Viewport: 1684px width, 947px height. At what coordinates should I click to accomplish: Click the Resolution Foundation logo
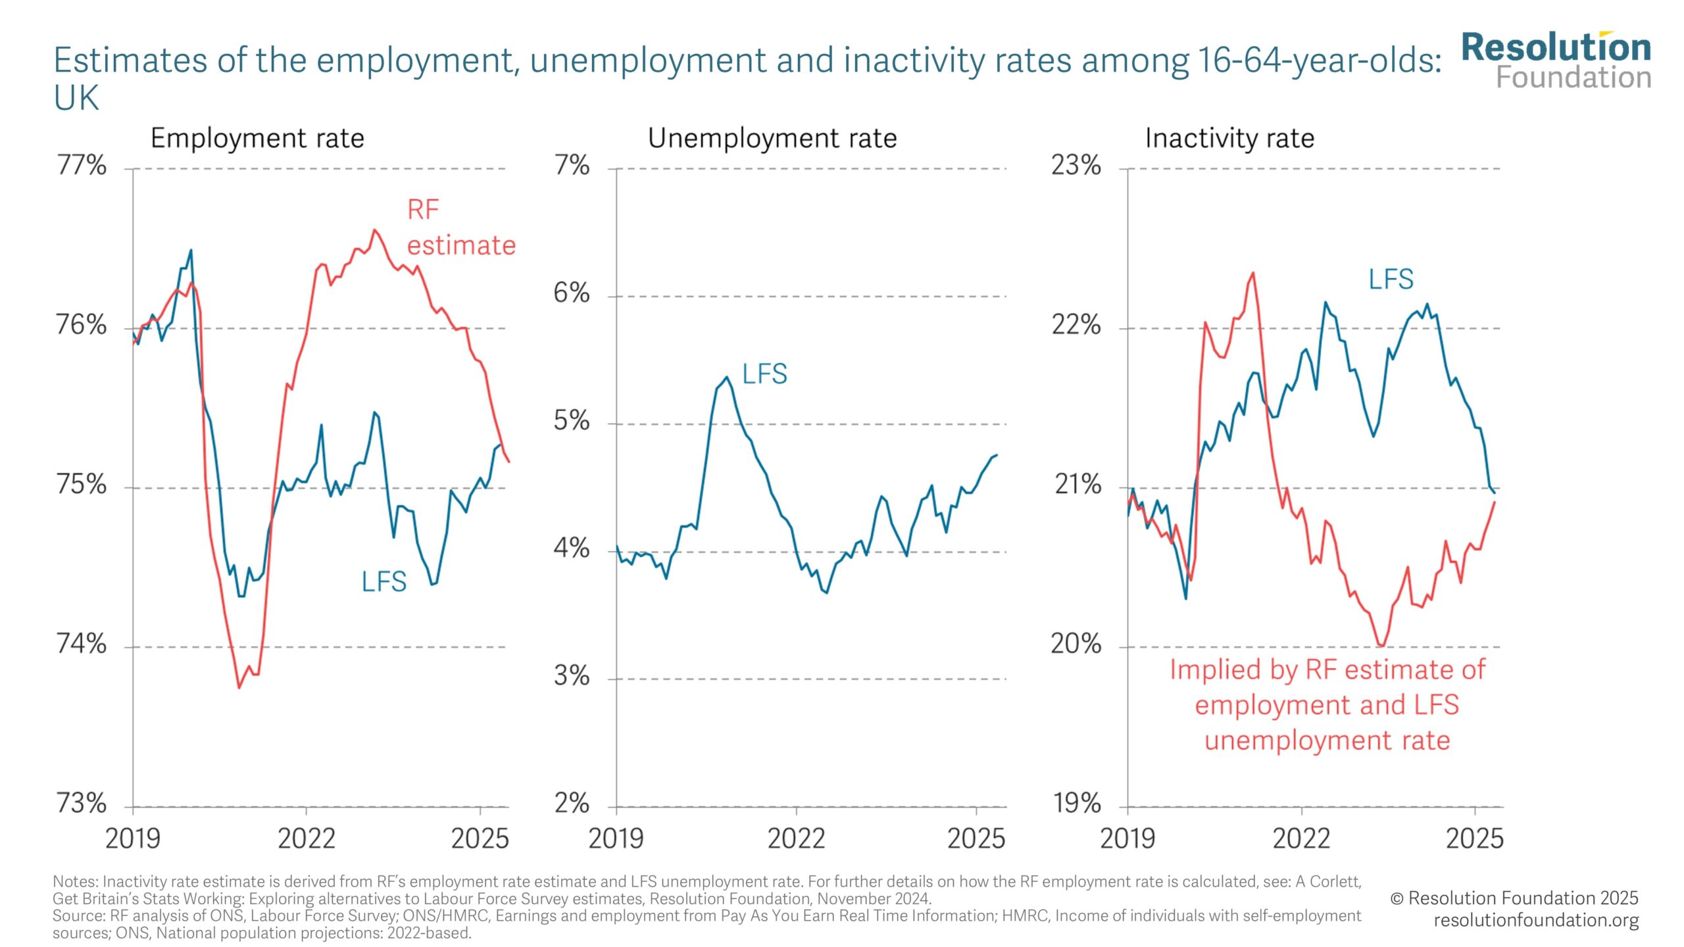[1556, 61]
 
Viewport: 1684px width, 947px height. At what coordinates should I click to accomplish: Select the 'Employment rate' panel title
[257, 139]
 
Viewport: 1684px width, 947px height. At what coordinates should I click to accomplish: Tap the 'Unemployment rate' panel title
[772, 139]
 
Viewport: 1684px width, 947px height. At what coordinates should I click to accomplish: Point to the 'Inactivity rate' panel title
[1229, 139]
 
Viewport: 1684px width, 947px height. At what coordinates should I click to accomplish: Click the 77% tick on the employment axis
[82, 165]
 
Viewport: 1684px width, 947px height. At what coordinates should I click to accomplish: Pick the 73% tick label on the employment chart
[82, 803]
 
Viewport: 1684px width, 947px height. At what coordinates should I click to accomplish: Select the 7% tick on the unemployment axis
[572, 165]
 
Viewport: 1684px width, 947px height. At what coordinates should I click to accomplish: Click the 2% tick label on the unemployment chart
[572, 803]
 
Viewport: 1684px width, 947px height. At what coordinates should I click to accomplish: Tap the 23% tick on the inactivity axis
[1076, 165]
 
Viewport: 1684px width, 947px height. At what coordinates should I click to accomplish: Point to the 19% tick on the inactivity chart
[1077, 803]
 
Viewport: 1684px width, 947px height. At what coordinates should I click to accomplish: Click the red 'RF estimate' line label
[460, 228]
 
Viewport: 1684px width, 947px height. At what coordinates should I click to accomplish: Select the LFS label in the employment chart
[384, 582]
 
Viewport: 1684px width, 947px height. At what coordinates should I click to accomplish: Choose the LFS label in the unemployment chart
[764, 374]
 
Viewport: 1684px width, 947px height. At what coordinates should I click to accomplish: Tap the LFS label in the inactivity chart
[1391, 279]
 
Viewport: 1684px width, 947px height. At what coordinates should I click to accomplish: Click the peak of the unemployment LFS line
[726, 377]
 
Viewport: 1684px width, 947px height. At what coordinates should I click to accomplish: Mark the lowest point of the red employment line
[239, 688]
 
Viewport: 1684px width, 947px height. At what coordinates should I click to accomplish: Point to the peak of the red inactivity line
[1252, 273]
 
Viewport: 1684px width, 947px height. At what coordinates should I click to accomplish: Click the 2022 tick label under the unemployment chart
[796, 839]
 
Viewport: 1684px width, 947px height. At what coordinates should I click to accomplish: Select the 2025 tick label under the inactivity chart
[1474, 839]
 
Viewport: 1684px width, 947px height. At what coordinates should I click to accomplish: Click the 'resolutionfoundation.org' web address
[1535, 920]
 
